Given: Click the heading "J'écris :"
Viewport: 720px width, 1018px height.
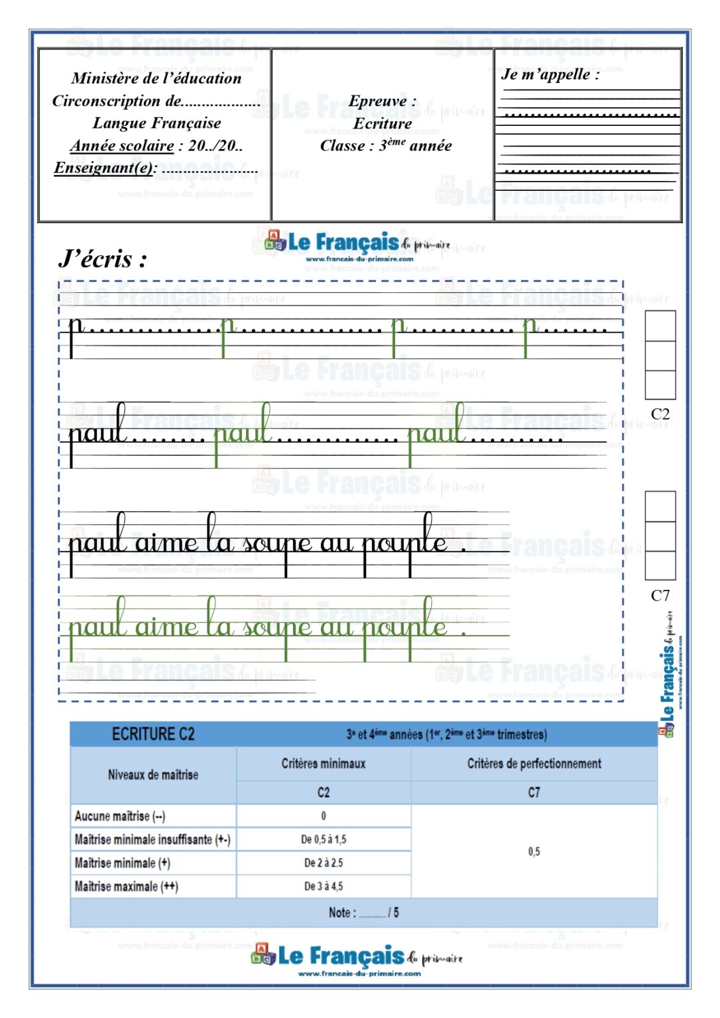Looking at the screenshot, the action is point(102,258).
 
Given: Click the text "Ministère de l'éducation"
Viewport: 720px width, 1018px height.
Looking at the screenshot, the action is point(156,78).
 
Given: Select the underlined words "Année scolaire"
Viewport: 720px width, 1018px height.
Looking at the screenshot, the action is point(122,145).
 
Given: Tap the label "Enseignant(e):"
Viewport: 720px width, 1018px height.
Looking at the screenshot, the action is point(105,168).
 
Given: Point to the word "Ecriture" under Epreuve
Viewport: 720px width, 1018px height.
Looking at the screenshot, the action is point(383,123).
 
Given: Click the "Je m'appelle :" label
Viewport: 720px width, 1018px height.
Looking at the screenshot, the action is point(550,74).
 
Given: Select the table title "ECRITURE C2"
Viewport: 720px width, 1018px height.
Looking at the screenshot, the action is point(153,734).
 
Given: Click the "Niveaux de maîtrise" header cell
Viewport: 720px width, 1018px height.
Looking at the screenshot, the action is point(153,775).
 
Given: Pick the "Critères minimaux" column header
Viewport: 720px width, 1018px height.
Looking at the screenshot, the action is point(324,763).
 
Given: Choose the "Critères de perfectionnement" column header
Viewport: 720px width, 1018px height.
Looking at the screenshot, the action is point(534,763).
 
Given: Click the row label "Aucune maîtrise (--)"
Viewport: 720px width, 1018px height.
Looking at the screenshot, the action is point(120,816).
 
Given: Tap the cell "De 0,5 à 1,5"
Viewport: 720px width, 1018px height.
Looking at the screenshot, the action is point(324,839).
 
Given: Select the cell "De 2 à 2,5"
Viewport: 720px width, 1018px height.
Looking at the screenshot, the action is point(324,863).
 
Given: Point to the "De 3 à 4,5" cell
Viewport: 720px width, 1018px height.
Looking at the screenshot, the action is point(324,886).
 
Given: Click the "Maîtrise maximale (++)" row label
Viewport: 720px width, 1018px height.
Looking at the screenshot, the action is point(126,886).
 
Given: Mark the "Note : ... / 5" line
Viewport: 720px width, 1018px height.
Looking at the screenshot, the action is point(363,913).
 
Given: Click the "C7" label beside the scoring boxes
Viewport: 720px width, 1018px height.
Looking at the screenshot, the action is point(660,595).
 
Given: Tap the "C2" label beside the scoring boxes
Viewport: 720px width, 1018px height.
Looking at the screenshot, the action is point(660,414).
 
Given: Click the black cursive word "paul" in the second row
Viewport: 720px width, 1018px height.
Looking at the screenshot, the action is point(98,431).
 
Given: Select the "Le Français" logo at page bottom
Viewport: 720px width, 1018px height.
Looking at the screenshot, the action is point(357,958).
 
